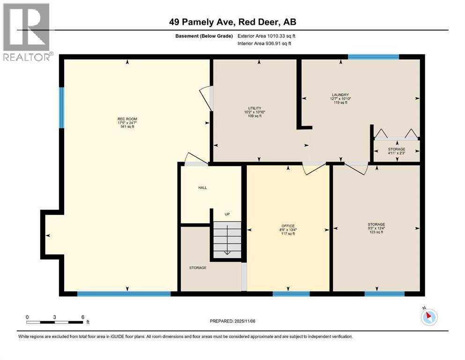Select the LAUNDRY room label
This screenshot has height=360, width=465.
[x=341, y=95]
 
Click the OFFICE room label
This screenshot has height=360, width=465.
[x=288, y=226]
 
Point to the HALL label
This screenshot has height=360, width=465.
[x=202, y=187]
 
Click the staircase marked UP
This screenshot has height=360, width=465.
[x=227, y=239]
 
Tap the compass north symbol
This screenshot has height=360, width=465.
[x=428, y=317]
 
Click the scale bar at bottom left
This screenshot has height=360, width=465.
[x=54, y=322]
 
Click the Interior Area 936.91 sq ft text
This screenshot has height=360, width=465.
[x=272, y=44]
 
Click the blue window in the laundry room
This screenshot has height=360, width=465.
[x=373, y=57]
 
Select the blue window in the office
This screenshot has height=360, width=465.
[x=291, y=294]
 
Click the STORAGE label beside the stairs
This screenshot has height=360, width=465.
[x=198, y=268]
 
